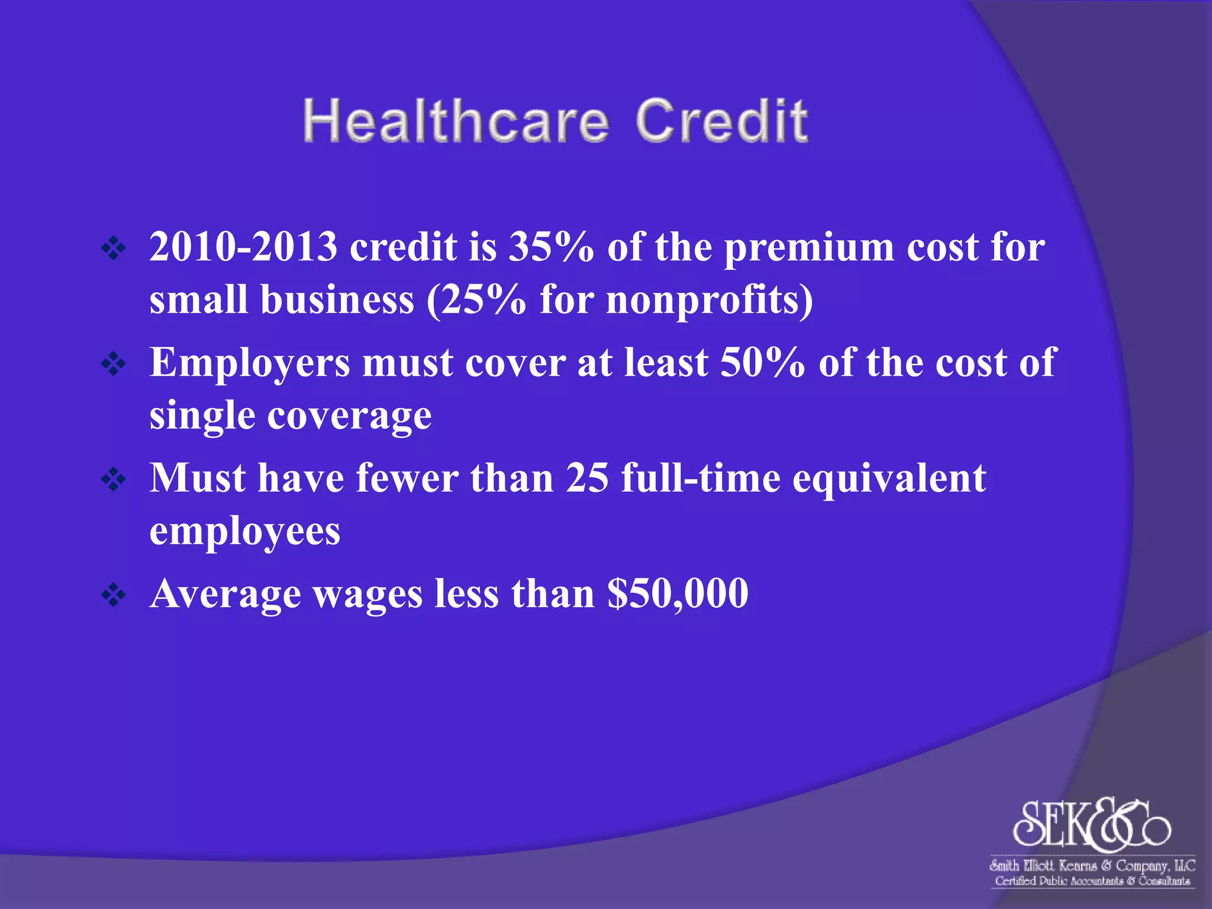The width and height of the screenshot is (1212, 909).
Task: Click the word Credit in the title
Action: tap(721, 121)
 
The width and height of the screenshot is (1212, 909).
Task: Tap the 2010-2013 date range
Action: tap(243, 247)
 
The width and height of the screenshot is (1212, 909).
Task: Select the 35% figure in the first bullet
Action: tap(552, 247)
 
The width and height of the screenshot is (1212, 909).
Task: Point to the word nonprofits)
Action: tap(710, 299)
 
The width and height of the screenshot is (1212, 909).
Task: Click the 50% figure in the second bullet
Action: tap(763, 362)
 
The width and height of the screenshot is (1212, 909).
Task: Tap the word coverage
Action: tap(349, 416)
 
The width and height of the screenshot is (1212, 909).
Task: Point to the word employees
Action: tap(244, 532)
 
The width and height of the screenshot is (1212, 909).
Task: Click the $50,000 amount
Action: tap(678, 594)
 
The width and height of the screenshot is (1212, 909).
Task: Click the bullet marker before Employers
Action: tap(113, 365)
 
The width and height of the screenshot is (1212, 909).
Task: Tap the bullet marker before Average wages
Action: tap(113, 595)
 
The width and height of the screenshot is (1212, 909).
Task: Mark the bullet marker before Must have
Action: tap(113, 480)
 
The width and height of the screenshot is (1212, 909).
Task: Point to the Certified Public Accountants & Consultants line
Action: tap(1092, 881)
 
